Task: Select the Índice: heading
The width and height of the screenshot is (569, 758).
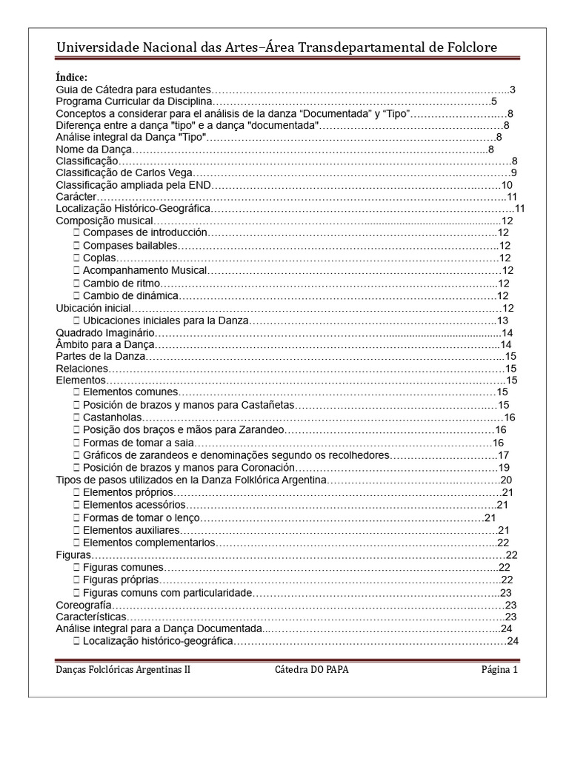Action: (71, 78)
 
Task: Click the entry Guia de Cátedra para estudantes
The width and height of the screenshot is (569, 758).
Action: (134, 90)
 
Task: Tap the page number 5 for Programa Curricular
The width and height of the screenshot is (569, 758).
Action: (493, 101)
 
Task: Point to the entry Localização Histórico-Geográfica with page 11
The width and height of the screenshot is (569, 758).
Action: (133, 209)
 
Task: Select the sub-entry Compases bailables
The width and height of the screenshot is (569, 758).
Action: (127, 245)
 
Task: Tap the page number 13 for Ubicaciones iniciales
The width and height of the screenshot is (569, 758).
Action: (502, 321)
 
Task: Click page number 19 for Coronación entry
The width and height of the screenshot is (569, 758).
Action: (503, 468)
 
